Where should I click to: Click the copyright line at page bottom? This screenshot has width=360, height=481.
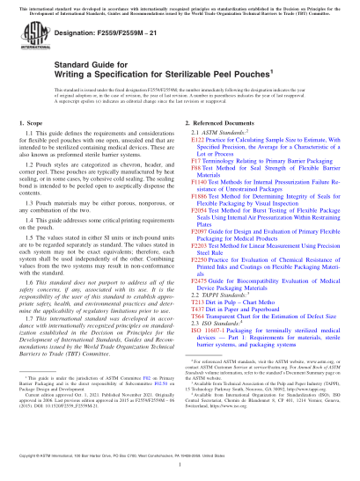point(180,462)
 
